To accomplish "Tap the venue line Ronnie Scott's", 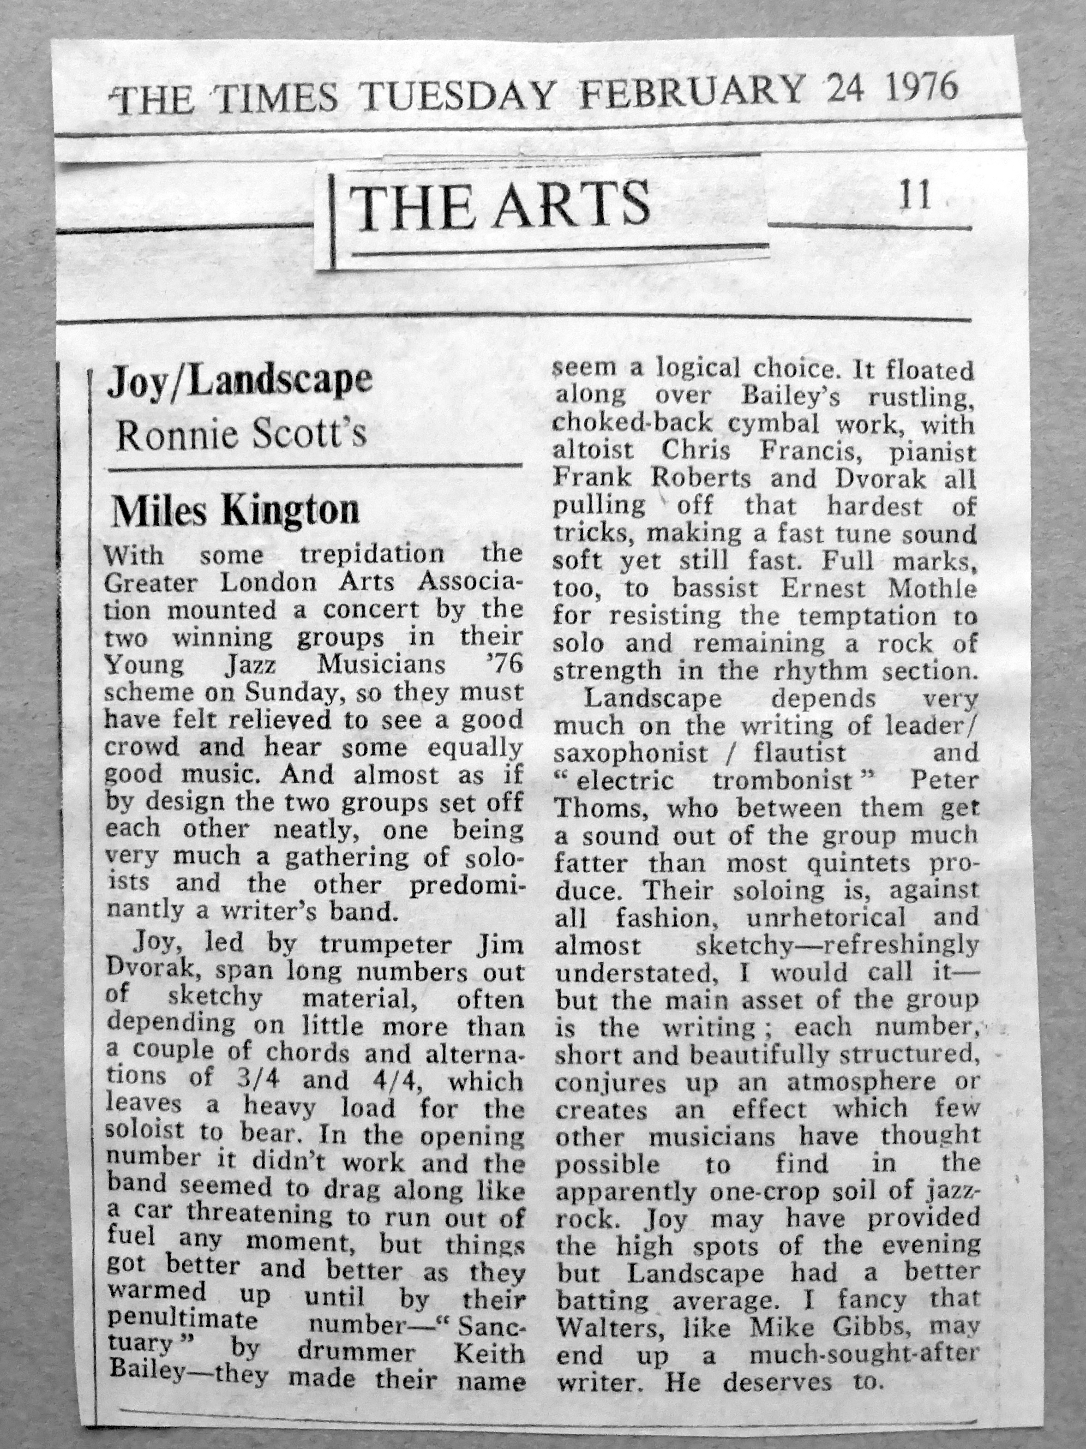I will [241, 434].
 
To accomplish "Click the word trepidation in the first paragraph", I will [372, 554].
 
